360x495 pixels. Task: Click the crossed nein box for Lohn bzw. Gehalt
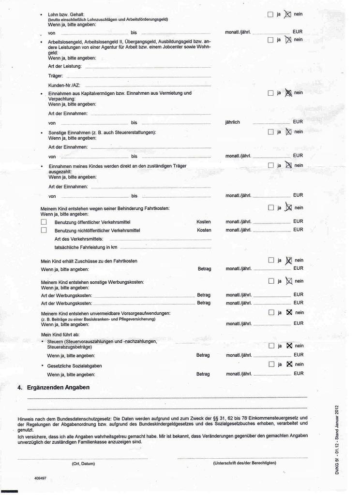pos(288,15)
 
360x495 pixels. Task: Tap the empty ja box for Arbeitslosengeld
pos(270,40)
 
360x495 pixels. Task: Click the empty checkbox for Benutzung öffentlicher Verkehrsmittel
pos(44,222)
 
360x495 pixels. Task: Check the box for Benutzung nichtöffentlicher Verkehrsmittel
pos(44,230)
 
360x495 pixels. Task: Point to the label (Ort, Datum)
pos(83,463)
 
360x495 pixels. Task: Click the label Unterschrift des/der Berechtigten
pos(244,463)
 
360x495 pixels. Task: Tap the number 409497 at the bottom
pos(41,478)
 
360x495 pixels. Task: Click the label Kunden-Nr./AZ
pos(64,85)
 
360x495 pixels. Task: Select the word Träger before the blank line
pos(56,76)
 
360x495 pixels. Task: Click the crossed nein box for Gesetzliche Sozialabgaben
pos(289,364)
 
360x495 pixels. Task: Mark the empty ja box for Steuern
pos(271,346)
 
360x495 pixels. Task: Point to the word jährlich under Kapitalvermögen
pos(233,122)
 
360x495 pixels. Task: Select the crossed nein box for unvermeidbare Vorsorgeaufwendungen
pos(289,312)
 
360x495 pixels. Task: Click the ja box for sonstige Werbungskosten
pos(271,281)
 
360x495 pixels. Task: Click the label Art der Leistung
pos(65,66)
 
